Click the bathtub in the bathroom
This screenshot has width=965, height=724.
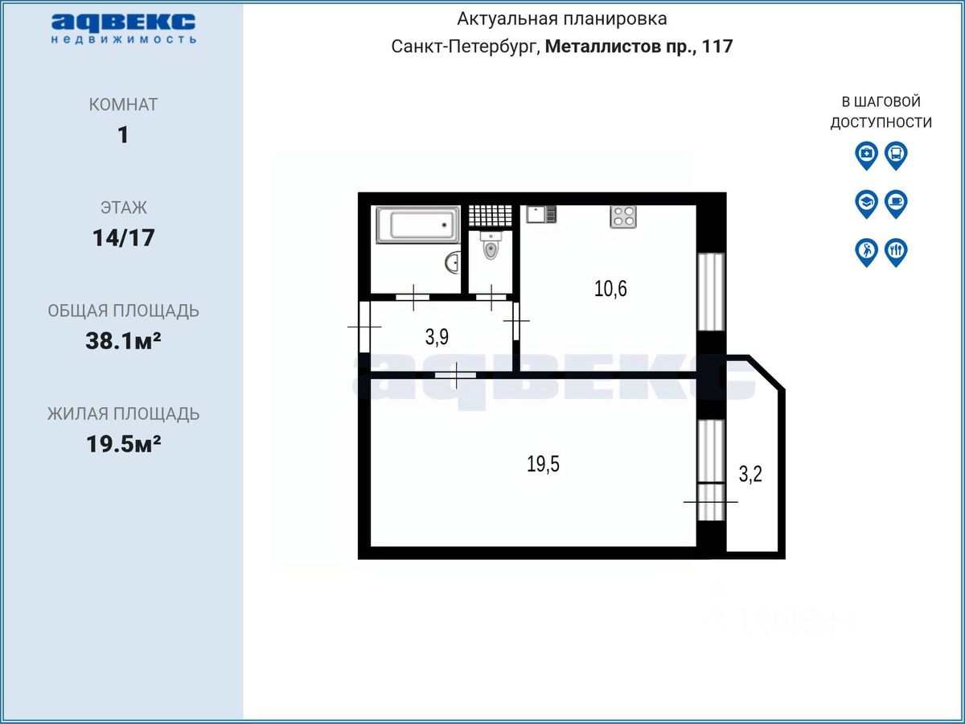coord(417,224)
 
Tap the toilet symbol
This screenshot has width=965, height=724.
coord(491,245)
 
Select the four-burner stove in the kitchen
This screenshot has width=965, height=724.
coord(623,216)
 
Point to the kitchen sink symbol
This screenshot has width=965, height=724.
coord(541,214)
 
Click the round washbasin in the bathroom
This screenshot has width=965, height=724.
coord(453,263)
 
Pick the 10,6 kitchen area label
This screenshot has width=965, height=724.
coord(610,289)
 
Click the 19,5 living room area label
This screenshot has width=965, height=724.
coord(543,464)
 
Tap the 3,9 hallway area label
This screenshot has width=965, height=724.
coord(437,337)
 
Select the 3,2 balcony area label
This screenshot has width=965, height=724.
coord(750,474)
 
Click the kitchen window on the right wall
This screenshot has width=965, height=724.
coord(711,292)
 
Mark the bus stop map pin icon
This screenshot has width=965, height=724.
coord(896,155)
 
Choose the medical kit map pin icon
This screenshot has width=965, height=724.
coord(867,155)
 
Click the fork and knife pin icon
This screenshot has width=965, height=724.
coord(896,253)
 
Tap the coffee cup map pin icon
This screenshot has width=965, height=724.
coord(896,204)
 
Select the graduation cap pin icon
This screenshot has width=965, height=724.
coord(867,204)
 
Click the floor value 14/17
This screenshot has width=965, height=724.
coord(124,238)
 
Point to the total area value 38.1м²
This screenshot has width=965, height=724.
coord(124,340)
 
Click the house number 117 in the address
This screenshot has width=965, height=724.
coord(717,46)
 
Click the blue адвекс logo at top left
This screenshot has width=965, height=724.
coord(124,28)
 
